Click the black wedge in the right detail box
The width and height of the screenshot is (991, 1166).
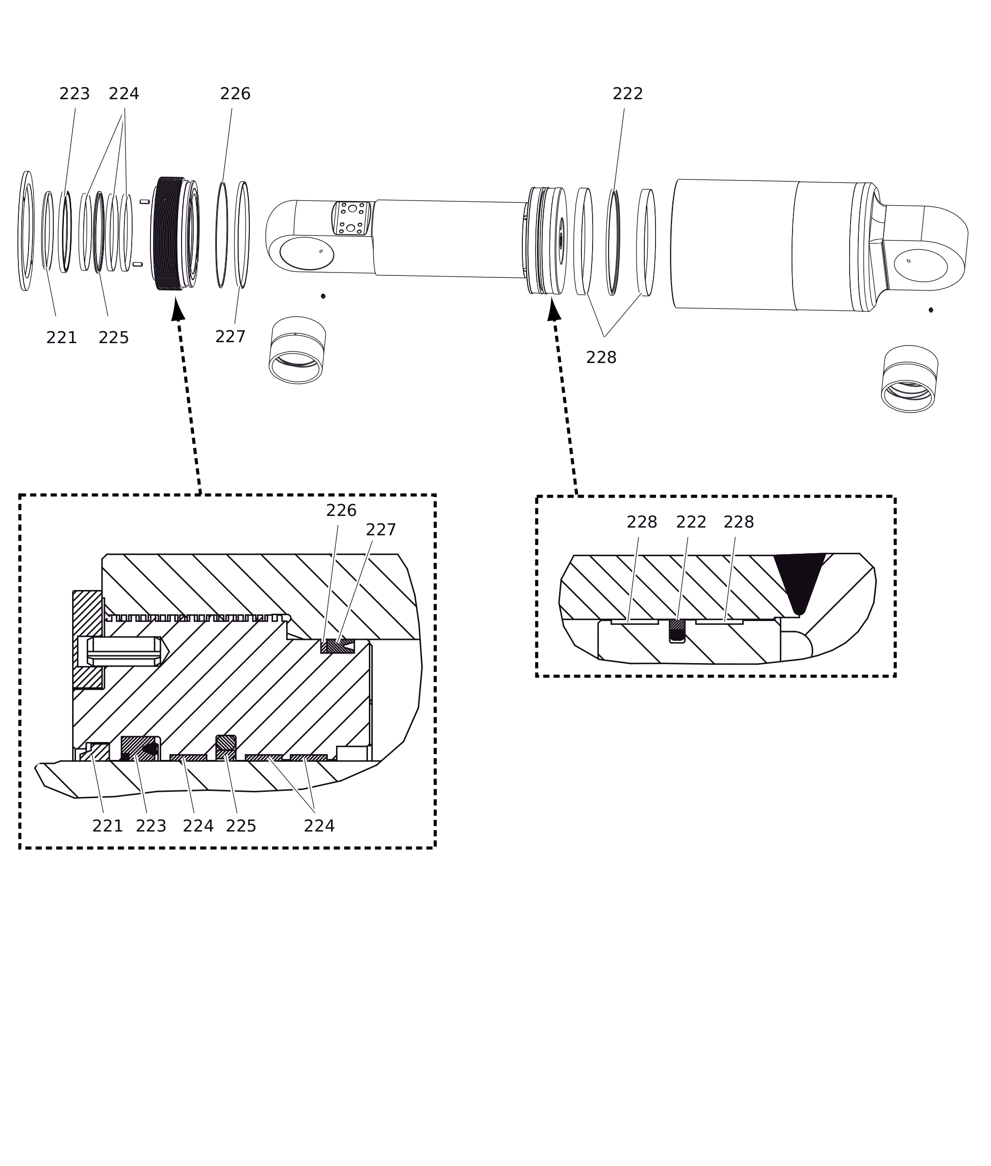[x=799, y=581]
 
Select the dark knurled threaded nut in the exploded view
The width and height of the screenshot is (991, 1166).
[x=168, y=234]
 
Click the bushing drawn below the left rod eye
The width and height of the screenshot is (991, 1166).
[x=297, y=350]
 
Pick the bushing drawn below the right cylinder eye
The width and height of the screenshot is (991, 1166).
[x=910, y=379]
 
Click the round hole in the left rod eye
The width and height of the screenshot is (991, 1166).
[x=307, y=253]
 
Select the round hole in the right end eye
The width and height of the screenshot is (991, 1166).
[x=921, y=266]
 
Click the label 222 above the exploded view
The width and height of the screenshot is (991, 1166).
[x=627, y=94]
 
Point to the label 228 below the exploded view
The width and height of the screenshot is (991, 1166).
[x=601, y=358]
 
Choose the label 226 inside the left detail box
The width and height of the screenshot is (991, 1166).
[x=341, y=511]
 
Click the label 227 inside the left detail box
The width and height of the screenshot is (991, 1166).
[x=381, y=530]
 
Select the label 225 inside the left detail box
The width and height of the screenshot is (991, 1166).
[x=241, y=826]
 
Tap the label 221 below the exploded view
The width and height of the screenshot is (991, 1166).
[x=61, y=338]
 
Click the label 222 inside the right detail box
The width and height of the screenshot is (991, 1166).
[x=691, y=522]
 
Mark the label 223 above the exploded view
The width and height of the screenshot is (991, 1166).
[x=75, y=94]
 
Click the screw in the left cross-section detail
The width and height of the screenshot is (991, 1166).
[x=123, y=651]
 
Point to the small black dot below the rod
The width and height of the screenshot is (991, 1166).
[x=323, y=296]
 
